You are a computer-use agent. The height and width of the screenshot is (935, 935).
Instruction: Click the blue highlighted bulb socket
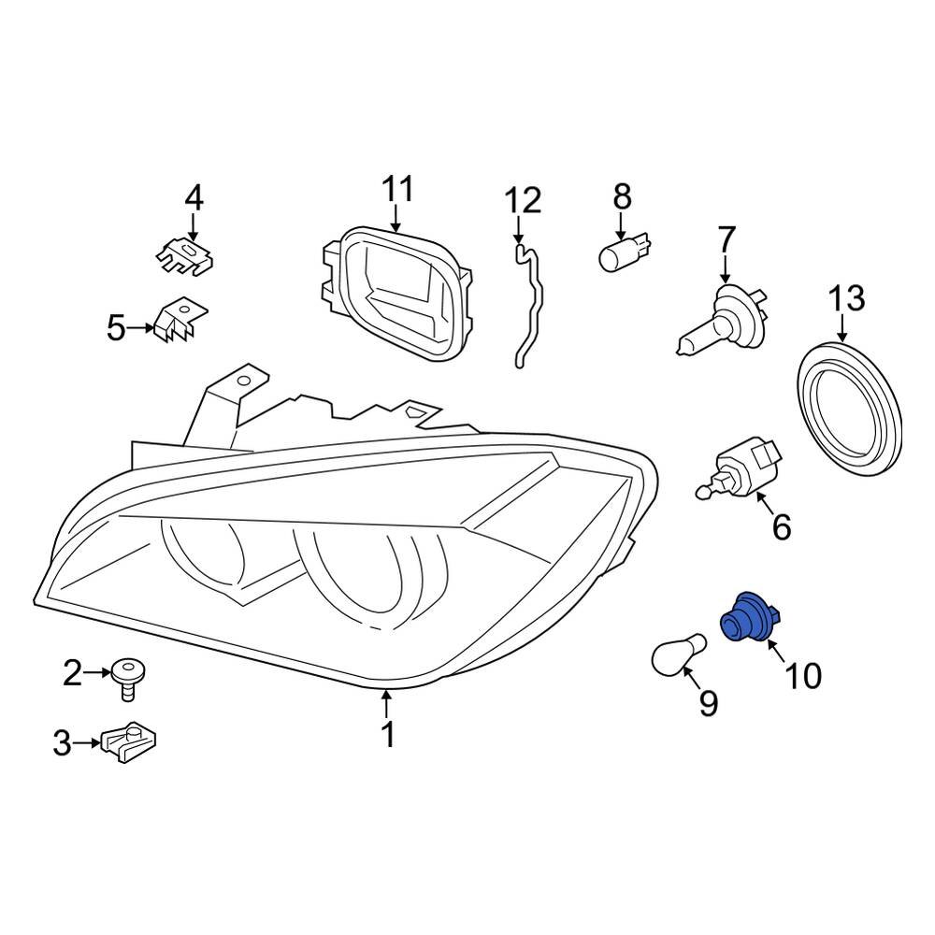(751, 618)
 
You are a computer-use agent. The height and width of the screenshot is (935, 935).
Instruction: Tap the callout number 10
(803, 674)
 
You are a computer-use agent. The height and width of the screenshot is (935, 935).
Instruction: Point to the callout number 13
(846, 300)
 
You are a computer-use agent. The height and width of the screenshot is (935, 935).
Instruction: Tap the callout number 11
(397, 189)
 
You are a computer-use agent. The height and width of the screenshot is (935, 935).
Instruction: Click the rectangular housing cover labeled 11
(394, 290)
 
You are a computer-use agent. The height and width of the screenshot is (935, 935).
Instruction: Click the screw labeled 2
(127, 676)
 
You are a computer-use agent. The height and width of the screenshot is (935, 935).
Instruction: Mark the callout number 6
(781, 527)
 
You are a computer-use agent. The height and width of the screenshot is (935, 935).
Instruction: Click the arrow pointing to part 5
(140, 328)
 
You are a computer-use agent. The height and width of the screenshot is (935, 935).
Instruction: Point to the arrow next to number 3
(89, 743)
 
